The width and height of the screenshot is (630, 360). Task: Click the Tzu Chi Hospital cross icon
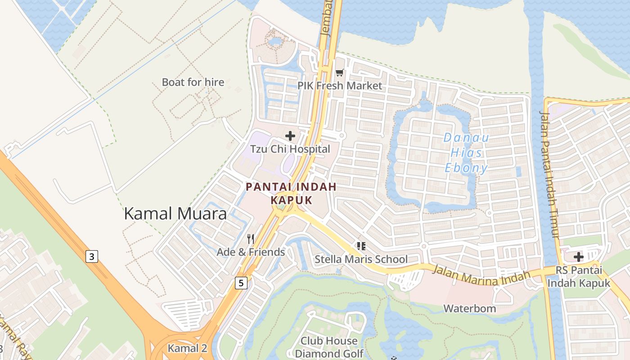(x=290, y=135)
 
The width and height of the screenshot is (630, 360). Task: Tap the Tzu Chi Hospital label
(x=290, y=149)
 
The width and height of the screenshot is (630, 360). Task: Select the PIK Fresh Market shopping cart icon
(x=340, y=72)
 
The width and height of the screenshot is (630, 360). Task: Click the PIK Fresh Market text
(x=340, y=85)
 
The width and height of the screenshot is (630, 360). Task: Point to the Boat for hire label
(x=193, y=82)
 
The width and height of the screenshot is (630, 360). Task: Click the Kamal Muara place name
(x=175, y=213)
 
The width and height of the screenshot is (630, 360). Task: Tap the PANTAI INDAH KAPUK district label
(x=291, y=193)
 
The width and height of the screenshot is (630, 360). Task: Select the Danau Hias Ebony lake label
(x=466, y=153)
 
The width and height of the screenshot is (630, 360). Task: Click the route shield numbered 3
(x=92, y=257)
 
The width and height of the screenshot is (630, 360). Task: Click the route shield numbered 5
(x=241, y=283)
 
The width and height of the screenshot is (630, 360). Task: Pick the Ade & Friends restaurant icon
(x=251, y=239)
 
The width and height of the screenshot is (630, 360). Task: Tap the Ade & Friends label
(x=251, y=252)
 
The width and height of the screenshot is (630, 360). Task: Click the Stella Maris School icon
(x=361, y=246)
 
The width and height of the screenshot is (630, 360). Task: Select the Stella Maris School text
(x=361, y=259)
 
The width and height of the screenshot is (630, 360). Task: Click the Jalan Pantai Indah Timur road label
(x=550, y=175)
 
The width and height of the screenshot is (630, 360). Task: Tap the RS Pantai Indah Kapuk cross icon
(x=579, y=257)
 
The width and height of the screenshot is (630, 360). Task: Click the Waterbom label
(x=469, y=309)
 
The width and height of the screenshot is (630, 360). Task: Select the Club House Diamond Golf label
(x=329, y=347)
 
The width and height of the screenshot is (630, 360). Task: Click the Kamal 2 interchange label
(x=187, y=348)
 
